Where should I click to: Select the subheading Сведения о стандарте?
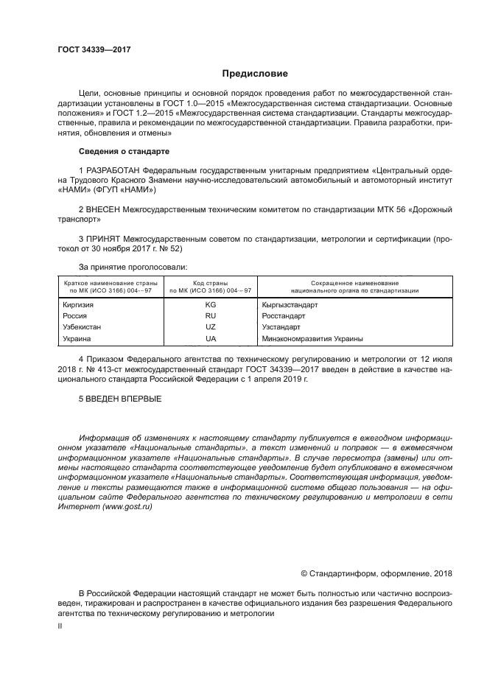(124, 151)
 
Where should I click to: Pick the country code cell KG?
(210, 304)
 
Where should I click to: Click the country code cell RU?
(210, 315)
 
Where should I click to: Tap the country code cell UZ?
(210, 327)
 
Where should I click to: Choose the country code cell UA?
(210, 339)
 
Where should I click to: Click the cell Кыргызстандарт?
(290, 304)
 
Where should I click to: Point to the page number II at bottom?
(60, 625)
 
